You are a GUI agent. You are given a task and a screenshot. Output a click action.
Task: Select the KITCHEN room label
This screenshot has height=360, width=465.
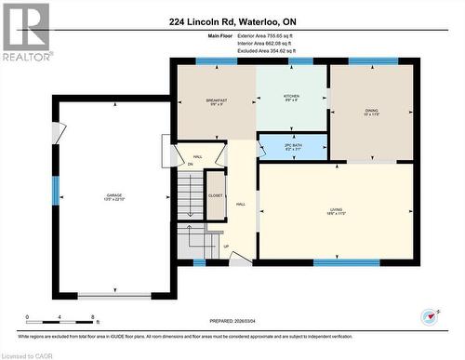[x=291, y=97]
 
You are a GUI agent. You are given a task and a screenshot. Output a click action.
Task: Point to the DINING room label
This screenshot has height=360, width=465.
[x=371, y=113]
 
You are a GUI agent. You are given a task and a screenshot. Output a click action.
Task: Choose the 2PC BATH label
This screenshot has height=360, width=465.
[x=292, y=146]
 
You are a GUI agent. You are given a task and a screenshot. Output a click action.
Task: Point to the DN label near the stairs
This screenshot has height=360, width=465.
[x=190, y=165]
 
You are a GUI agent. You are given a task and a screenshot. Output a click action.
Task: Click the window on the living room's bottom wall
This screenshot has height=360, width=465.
[x=346, y=262]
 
